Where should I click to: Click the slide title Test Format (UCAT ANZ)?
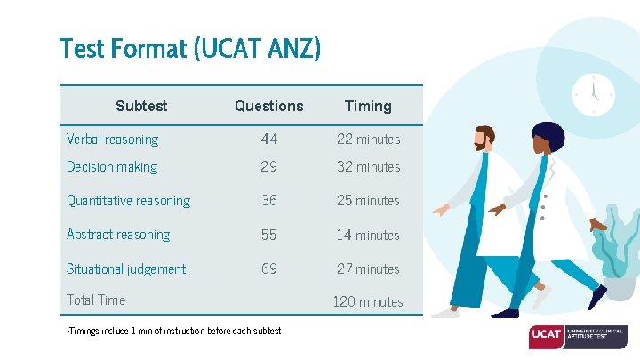189,48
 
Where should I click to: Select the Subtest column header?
140,106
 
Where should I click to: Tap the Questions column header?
268,106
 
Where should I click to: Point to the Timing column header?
368,106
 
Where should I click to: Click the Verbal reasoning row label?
112,140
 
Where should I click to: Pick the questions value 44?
269,140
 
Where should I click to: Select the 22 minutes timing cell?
368,140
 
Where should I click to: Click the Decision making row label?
112,167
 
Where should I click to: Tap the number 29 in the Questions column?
269,167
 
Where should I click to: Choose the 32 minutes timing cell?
368,167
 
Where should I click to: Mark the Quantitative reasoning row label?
128,201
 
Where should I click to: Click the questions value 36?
269,201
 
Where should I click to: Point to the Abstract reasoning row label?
118,235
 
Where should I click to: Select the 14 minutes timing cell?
368,236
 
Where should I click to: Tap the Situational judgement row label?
126,269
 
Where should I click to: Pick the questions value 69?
269,268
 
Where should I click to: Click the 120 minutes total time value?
368,302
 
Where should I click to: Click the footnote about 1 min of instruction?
174,332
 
